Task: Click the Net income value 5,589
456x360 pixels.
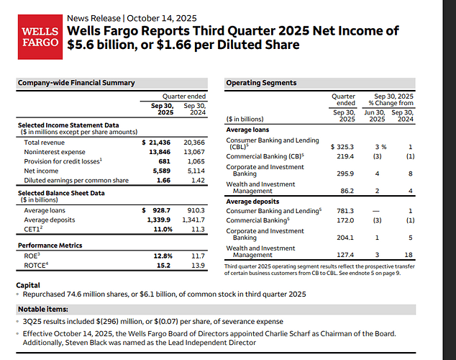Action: tap(160, 172)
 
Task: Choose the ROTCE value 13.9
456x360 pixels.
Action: tap(197, 266)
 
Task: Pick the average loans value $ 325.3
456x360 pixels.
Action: tap(342, 146)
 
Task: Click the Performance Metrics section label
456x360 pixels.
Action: tap(50, 246)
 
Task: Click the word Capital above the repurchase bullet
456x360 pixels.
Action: tap(28, 285)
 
